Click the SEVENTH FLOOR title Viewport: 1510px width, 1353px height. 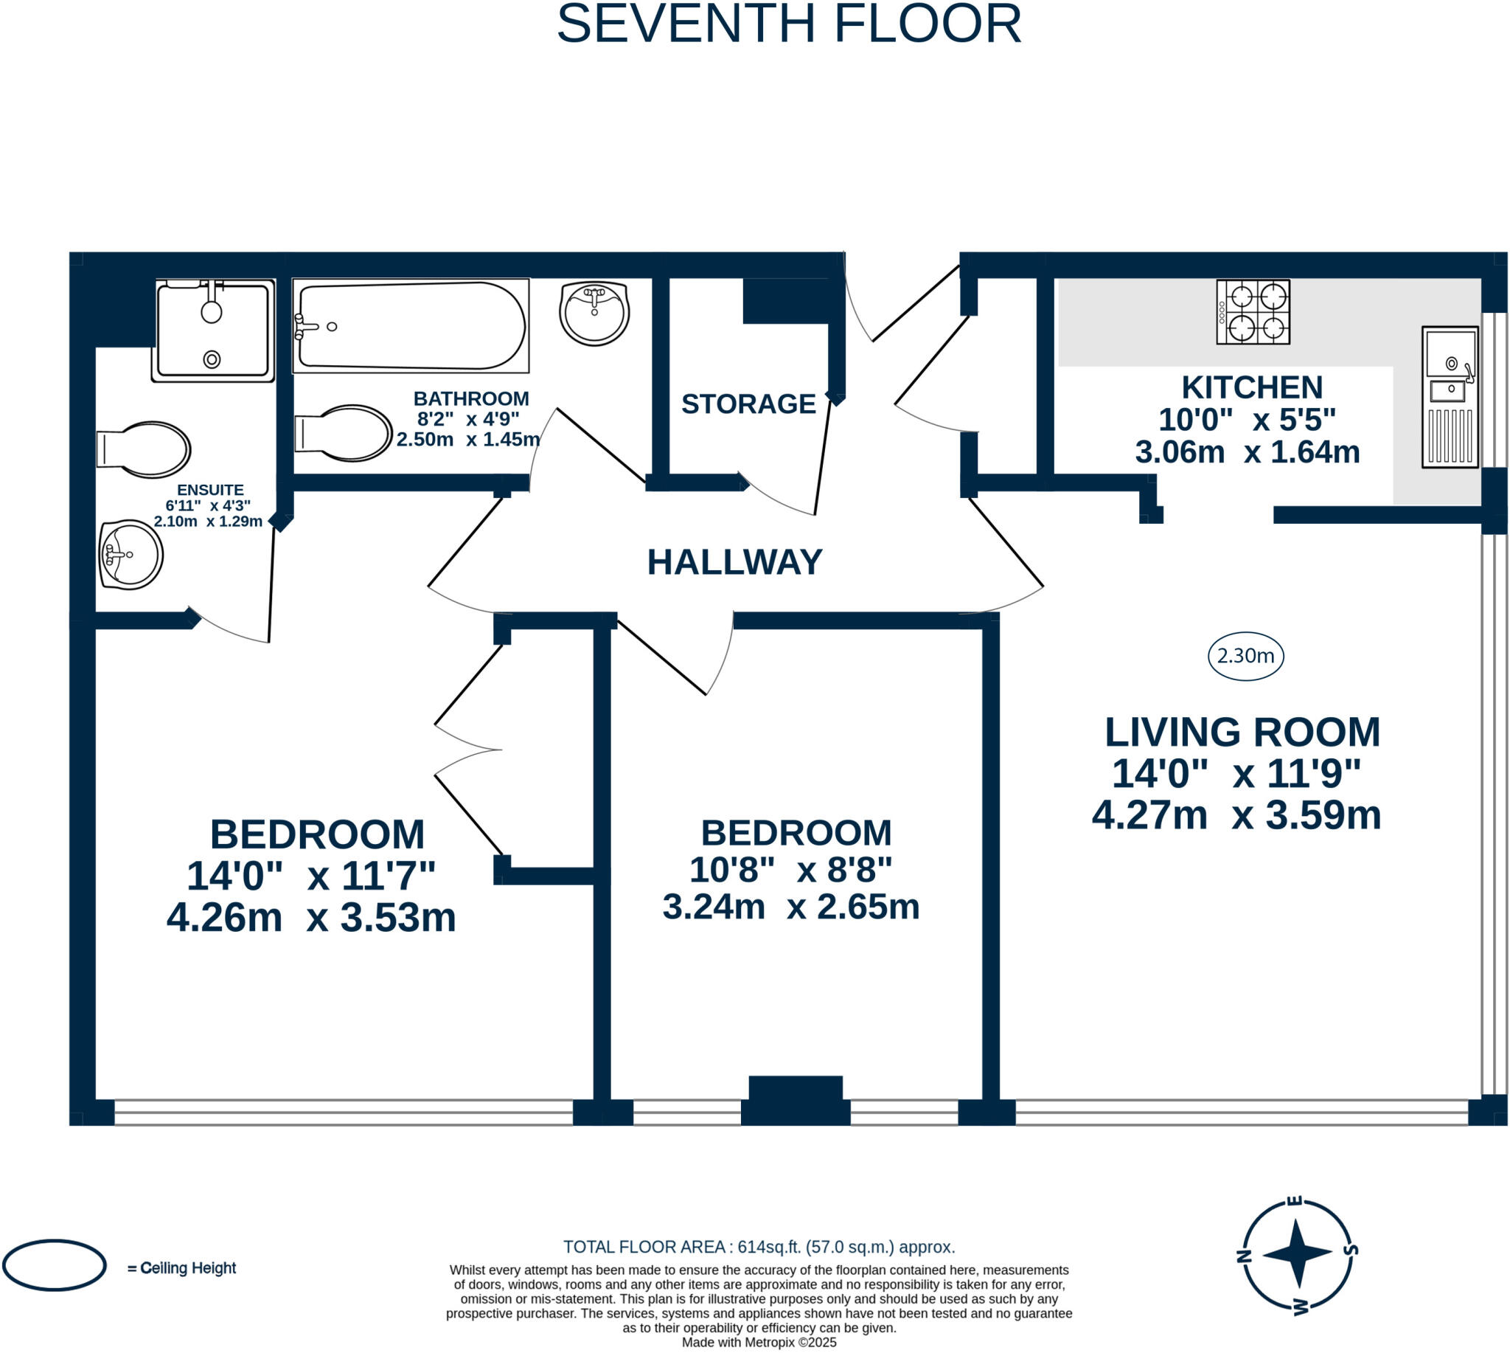click(x=789, y=24)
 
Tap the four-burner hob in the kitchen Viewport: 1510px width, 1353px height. click(x=1253, y=312)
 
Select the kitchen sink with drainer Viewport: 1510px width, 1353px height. click(x=1450, y=397)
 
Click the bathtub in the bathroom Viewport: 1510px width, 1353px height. click(x=411, y=325)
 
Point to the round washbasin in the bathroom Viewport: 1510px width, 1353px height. click(x=594, y=313)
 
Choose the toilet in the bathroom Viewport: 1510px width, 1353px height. click(x=344, y=432)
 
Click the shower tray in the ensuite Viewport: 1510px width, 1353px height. click(x=213, y=331)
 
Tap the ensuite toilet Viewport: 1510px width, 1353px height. click(x=144, y=450)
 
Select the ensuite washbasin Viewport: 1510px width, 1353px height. click(x=131, y=555)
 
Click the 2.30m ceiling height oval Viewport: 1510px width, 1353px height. click(x=1245, y=656)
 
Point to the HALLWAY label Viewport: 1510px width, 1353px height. click(x=734, y=562)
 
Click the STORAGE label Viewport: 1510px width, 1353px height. click(x=748, y=404)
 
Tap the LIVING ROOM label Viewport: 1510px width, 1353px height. click(x=1242, y=733)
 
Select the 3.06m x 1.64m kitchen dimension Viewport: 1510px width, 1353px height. click(x=1248, y=452)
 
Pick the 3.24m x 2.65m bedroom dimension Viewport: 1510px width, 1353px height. click(x=790, y=907)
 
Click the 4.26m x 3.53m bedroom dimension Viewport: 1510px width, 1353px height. click(x=311, y=917)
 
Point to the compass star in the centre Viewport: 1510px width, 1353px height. click(x=1298, y=1253)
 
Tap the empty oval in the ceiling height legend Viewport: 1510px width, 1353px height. click(x=55, y=1265)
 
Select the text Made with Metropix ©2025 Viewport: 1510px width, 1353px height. click(x=759, y=1342)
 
